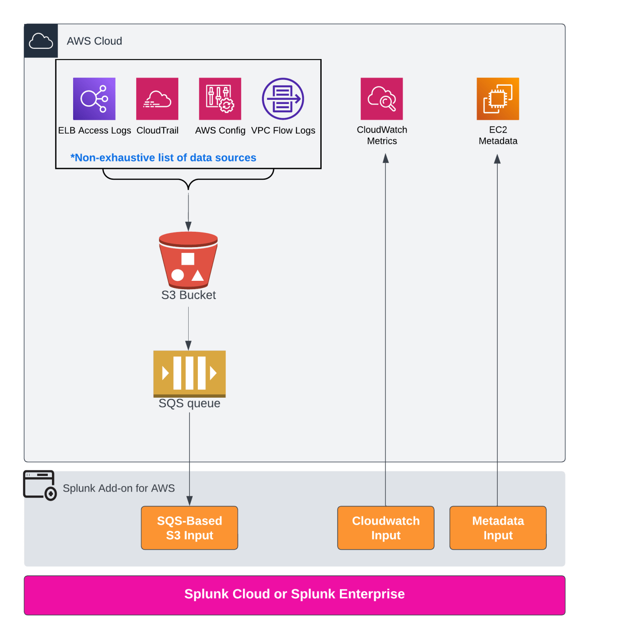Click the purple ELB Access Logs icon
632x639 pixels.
94,99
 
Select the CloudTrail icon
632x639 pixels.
157,99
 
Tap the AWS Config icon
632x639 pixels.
220,99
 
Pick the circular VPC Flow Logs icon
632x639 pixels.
283,99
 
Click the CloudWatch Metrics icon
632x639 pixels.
381,99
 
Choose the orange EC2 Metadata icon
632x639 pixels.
498,99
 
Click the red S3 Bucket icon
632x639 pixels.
188,260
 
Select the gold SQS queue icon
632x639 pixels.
189,373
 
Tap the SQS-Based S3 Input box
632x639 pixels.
189,528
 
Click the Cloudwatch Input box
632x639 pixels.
386,528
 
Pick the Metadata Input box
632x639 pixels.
498,528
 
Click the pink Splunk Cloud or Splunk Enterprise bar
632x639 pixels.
294,595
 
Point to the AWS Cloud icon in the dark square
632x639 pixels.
41,41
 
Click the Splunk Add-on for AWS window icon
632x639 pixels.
39,485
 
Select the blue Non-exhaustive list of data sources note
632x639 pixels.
163,158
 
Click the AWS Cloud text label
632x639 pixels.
94,41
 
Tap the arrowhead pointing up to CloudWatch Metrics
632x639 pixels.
386,159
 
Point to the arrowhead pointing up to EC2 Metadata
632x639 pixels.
497,159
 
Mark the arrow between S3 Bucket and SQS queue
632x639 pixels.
189,329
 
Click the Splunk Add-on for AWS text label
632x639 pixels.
119,488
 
